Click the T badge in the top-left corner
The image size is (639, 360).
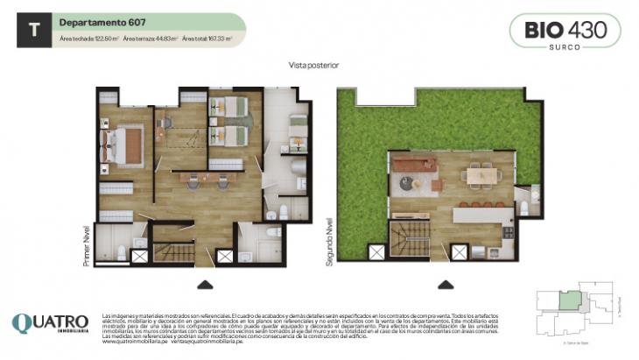point(34,29)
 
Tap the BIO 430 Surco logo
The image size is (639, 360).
point(565,32)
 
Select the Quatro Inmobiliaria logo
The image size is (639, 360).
point(50,323)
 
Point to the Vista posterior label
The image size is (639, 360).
point(312,66)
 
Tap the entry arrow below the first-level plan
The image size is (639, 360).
point(205,283)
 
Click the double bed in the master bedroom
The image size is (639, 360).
point(125,141)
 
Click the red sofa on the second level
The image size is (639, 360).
point(414,164)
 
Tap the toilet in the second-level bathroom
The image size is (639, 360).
point(524,208)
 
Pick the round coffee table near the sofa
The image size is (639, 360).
point(409,183)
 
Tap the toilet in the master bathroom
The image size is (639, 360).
point(122,253)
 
